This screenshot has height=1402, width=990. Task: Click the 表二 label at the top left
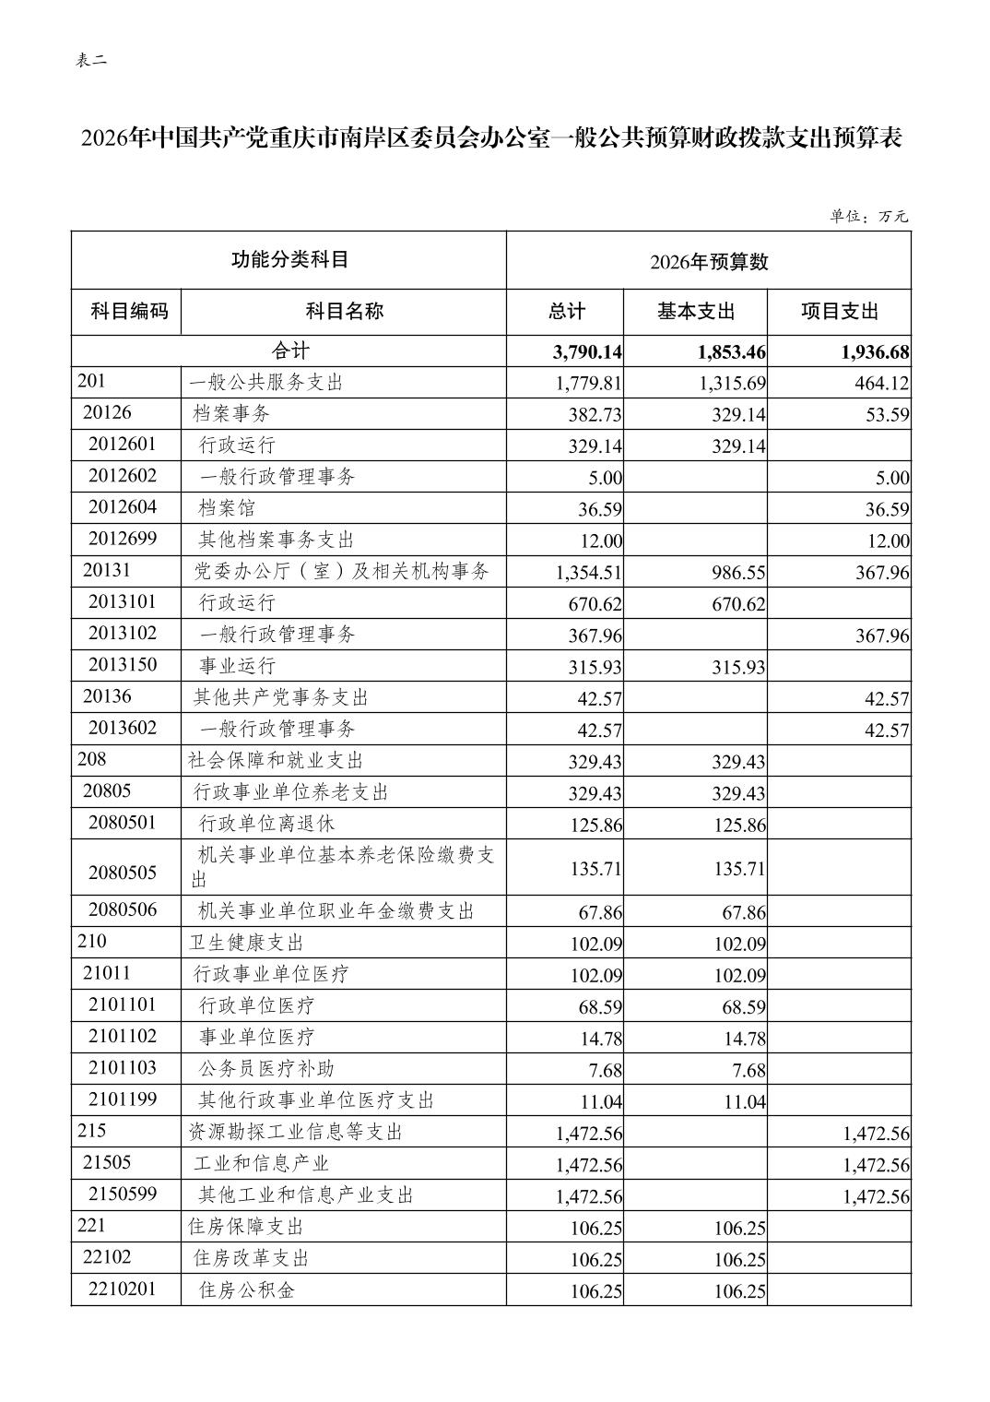pyautogui.click(x=91, y=61)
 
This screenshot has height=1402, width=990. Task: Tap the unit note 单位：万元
pyautogui.click(x=868, y=217)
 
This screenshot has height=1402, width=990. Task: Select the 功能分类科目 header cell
pyautogui.click(x=289, y=260)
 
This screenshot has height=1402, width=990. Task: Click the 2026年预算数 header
pyautogui.click(x=708, y=262)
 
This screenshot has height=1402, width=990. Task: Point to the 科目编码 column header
pyautogui.click(x=129, y=311)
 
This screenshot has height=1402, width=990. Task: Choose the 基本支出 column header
pyautogui.click(x=696, y=312)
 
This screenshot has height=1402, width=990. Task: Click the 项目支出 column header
pyautogui.click(x=839, y=312)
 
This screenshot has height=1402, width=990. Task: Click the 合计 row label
pyautogui.click(x=289, y=350)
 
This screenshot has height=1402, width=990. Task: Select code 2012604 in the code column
pyautogui.click(x=123, y=507)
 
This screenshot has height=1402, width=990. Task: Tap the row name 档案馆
pyautogui.click(x=227, y=508)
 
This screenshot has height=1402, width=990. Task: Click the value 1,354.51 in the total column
pyautogui.click(x=589, y=573)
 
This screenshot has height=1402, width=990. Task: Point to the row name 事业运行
pyautogui.click(x=237, y=666)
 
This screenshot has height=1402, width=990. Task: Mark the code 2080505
pyautogui.click(x=123, y=873)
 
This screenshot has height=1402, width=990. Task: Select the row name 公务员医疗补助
pyautogui.click(x=266, y=1068)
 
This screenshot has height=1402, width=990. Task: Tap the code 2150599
pyautogui.click(x=123, y=1194)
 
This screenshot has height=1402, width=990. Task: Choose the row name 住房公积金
pyautogui.click(x=246, y=1290)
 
